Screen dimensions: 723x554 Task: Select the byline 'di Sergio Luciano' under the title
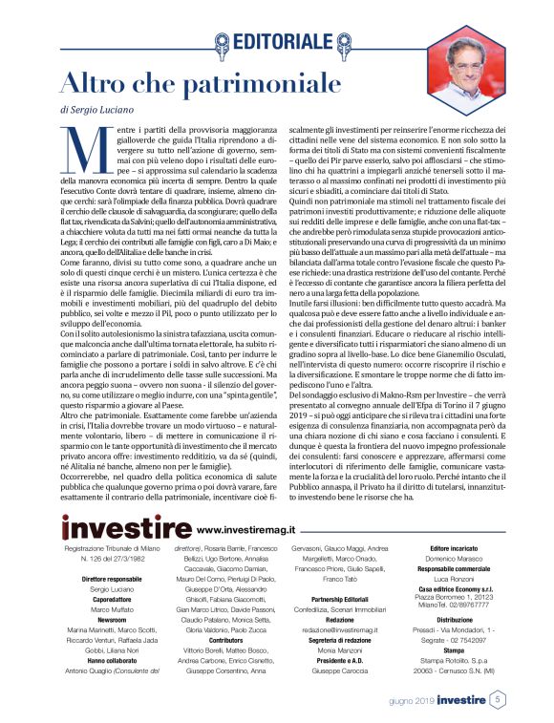[97, 110]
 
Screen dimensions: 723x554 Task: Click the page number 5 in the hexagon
[499, 700]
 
